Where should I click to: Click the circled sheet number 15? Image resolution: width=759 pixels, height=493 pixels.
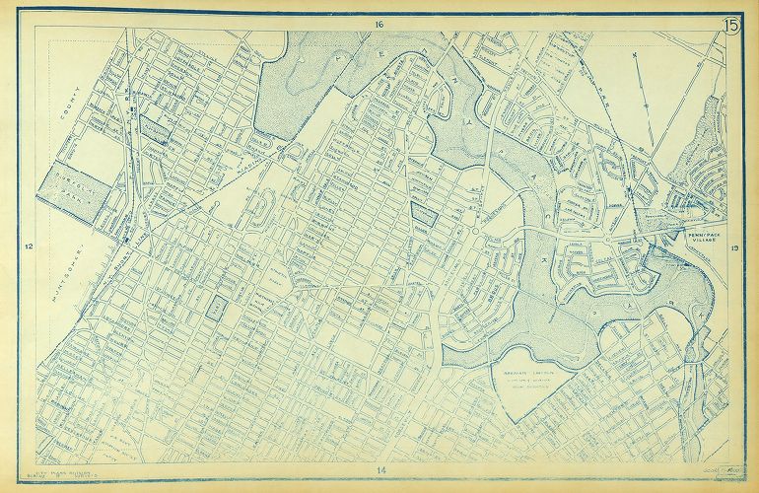point(732,27)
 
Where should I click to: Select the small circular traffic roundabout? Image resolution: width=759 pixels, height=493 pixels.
point(475,232)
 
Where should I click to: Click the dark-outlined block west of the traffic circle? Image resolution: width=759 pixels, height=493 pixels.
point(424,212)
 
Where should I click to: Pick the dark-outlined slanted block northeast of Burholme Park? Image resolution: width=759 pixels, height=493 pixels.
point(155,128)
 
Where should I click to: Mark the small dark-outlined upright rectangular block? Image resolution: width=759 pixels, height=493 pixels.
point(216,306)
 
